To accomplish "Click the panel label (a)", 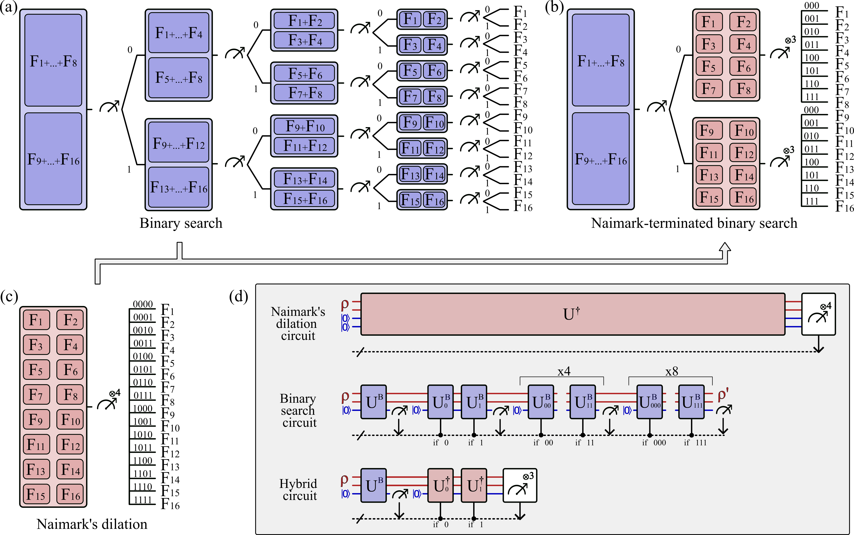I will pyautogui.click(x=8, y=8).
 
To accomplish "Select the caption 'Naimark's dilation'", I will pyautogui.click(x=92, y=524).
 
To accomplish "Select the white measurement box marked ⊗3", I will pyautogui.click(x=520, y=485).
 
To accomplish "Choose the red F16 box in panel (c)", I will pyautogui.click(x=70, y=494).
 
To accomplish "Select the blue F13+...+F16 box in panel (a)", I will pyautogui.click(x=178, y=187).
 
